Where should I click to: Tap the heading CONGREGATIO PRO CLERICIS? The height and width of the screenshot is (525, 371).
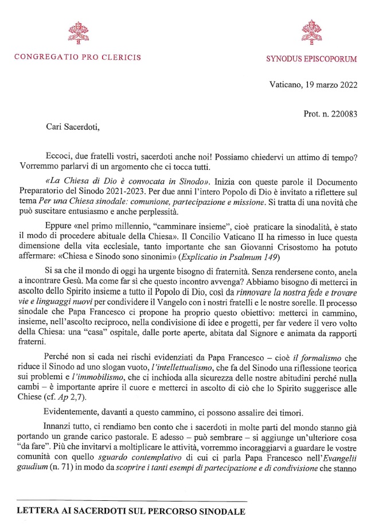pos(77,57)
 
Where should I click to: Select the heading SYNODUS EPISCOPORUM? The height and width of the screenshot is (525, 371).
pos(312,59)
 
